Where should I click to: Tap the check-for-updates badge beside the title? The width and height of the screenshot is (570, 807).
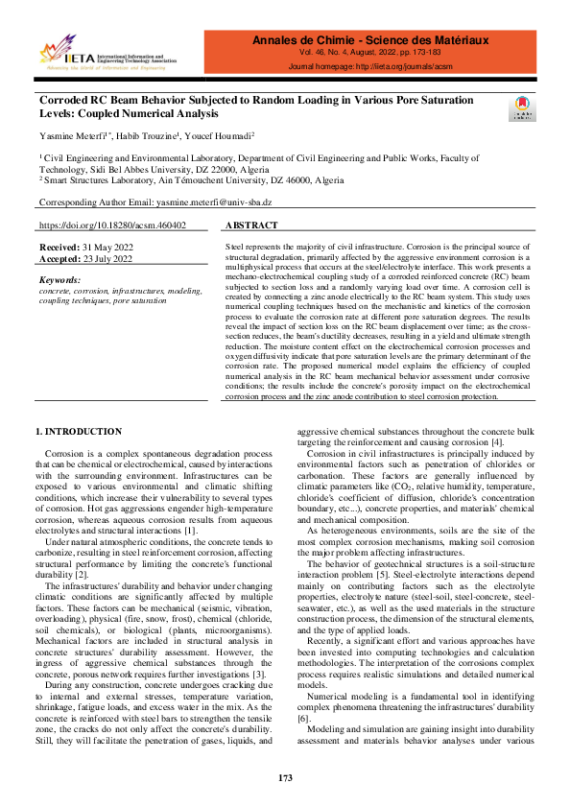tap(521, 108)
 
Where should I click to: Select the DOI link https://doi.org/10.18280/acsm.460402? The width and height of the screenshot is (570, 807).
tap(111, 225)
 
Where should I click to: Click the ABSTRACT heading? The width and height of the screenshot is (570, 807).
tap(253, 225)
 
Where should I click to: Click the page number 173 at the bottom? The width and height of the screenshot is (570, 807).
tap(285, 777)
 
